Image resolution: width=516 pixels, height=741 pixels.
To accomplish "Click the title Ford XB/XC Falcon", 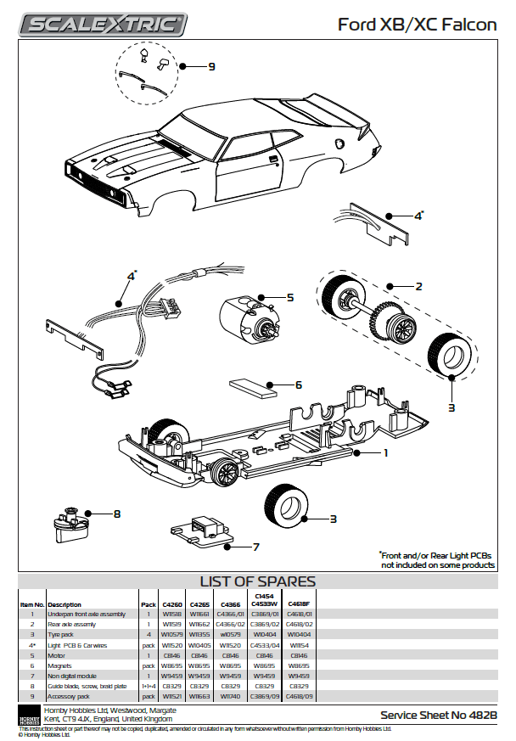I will [417, 25].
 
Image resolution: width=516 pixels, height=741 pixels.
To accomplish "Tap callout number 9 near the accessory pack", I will [211, 66].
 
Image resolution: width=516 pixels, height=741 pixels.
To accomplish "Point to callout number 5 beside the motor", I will [289, 297].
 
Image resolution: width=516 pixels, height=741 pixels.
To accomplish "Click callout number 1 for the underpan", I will [385, 452].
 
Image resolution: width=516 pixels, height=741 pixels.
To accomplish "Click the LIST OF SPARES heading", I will [257, 582].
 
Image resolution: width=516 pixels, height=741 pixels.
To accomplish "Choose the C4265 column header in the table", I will [199, 604].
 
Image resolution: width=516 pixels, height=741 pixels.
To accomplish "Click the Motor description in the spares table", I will [57, 655].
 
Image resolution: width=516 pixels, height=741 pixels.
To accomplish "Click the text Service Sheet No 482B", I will [438, 716].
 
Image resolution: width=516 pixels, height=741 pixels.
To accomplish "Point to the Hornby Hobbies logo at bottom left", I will [29, 714].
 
